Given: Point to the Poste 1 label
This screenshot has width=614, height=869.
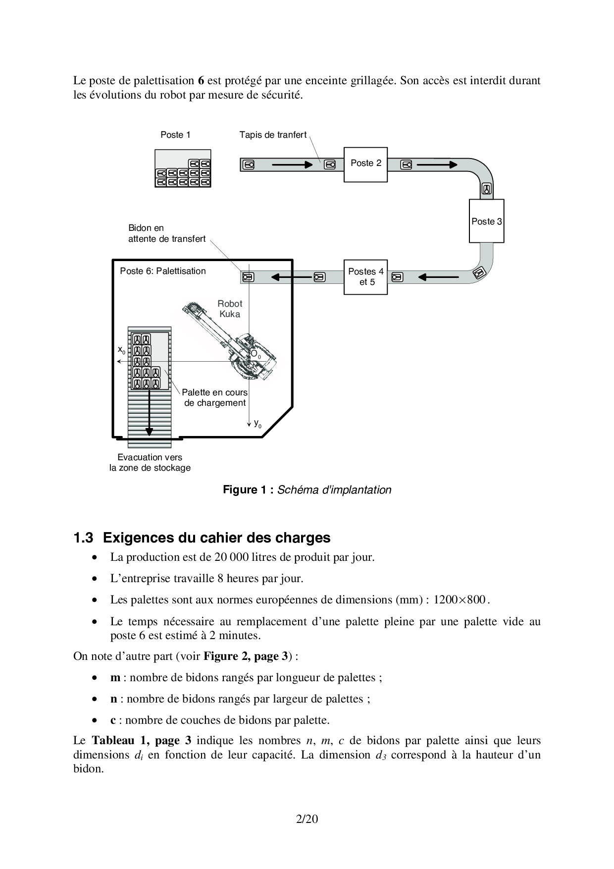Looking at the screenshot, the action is (x=175, y=135).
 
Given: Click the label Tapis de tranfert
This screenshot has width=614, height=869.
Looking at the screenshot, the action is (x=273, y=135).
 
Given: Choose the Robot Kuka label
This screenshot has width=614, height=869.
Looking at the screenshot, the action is (x=230, y=309).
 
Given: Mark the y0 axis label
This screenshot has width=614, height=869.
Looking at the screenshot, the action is (x=257, y=424).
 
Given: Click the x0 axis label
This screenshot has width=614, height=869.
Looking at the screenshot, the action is (x=121, y=350).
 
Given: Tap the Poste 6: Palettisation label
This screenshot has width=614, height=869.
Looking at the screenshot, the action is (x=163, y=271).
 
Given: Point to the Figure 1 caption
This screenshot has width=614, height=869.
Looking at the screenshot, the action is (x=307, y=490).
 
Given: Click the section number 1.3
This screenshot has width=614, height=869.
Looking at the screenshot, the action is (x=83, y=538).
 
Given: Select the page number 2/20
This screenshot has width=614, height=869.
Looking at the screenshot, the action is (x=307, y=819).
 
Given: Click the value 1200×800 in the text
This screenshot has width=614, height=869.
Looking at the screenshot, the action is (x=459, y=600).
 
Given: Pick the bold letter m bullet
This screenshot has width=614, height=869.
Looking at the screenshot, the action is (x=115, y=678).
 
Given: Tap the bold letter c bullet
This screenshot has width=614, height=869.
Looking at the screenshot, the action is (x=113, y=720).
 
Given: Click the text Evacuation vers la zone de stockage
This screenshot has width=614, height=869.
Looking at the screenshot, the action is (x=150, y=463).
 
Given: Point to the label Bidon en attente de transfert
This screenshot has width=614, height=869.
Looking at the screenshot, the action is (x=167, y=233).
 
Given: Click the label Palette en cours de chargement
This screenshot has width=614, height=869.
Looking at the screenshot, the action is (x=215, y=398).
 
